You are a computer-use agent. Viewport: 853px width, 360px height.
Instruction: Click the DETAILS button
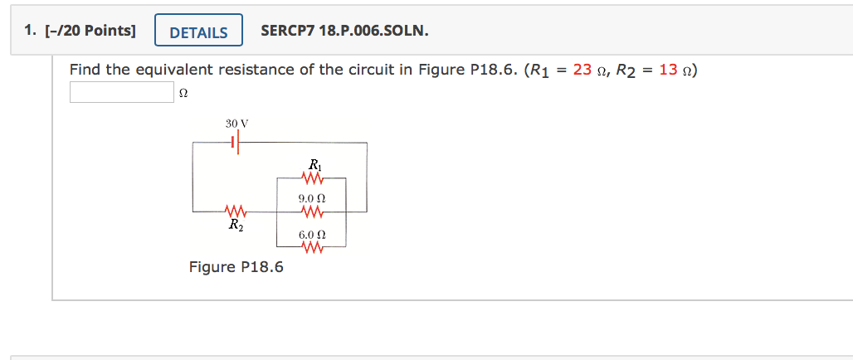[x=198, y=32]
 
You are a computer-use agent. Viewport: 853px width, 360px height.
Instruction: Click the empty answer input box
[x=120, y=91]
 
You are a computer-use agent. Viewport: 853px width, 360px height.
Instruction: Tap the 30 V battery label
[x=237, y=123]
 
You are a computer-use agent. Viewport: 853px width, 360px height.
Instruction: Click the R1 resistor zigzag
[x=314, y=178]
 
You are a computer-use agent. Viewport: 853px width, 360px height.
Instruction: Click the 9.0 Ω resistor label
[x=311, y=199]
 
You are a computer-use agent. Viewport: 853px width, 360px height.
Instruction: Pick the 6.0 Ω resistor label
[x=311, y=236]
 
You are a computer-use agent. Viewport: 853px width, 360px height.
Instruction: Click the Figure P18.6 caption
[x=236, y=267]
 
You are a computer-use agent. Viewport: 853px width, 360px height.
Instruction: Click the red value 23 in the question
[x=582, y=70]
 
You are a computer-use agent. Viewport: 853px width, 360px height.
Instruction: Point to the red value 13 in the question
[x=668, y=70]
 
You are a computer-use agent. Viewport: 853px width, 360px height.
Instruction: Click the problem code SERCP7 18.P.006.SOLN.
[x=344, y=32]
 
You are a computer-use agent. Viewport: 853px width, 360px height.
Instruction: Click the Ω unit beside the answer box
[x=183, y=93]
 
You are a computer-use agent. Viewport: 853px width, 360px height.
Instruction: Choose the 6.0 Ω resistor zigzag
[x=313, y=248]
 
